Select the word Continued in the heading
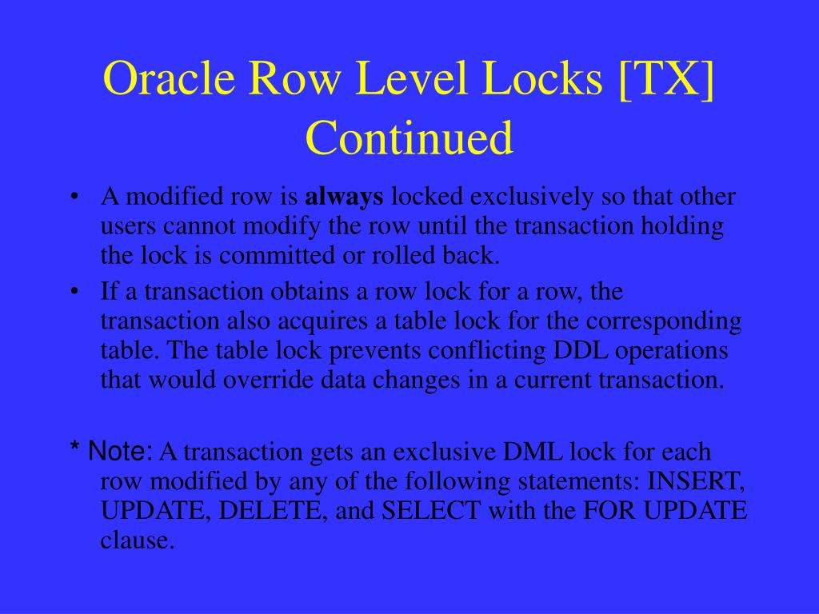pyautogui.click(x=409, y=138)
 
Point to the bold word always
pyautogui.click(x=346, y=197)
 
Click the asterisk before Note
pyautogui.click(x=74, y=453)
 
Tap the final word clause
pyautogui.click(x=137, y=541)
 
